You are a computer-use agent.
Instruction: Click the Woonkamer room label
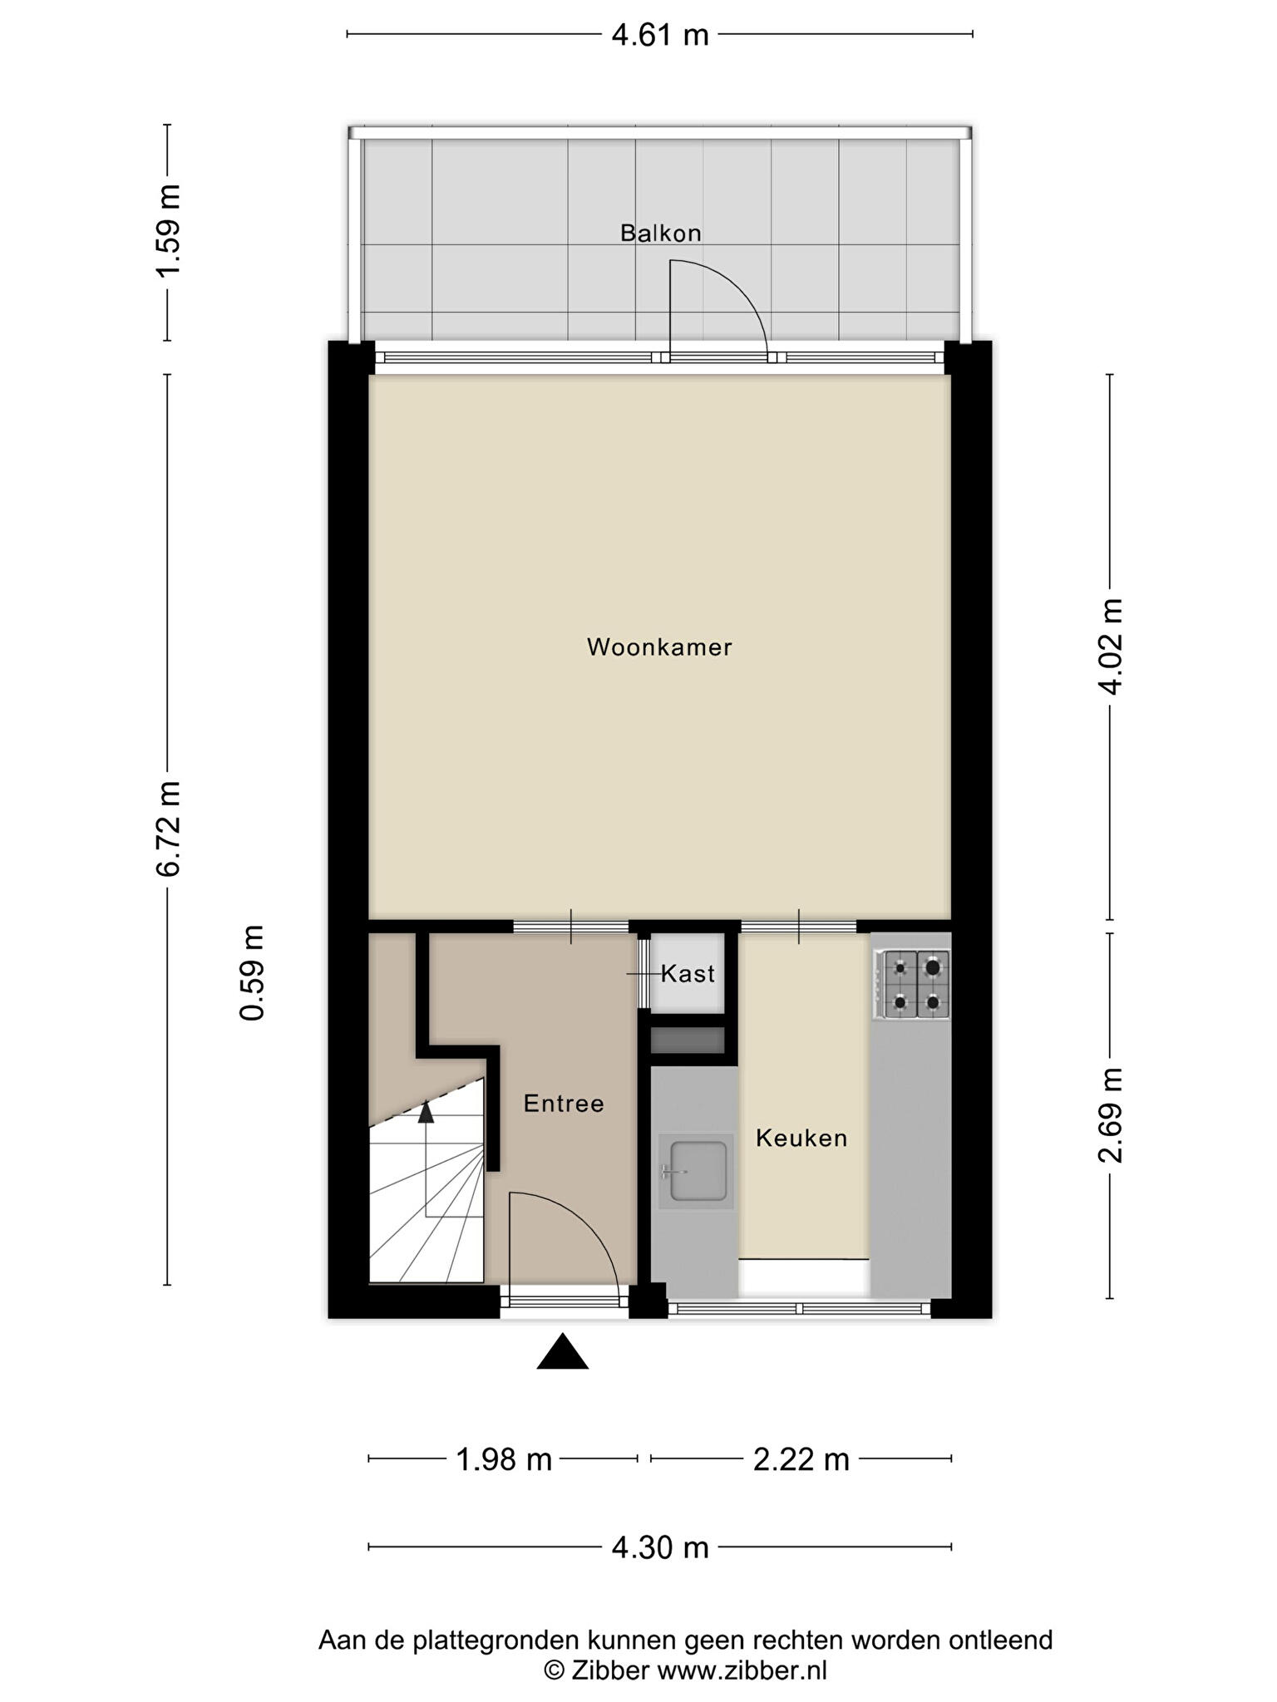click(x=659, y=647)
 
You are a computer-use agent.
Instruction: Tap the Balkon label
click(x=661, y=233)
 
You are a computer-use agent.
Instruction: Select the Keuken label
click(x=801, y=1138)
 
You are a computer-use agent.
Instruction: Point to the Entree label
click(x=564, y=1104)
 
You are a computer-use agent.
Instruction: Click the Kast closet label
click(x=688, y=973)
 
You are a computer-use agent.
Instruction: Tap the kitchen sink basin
click(x=698, y=1171)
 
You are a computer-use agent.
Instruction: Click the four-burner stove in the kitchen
click(x=912, y=985)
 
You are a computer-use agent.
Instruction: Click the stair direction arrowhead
click(x=426, y=1111)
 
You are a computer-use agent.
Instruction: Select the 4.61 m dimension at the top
click(x=660, y=35)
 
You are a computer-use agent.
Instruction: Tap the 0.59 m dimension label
click(x=252, y=973)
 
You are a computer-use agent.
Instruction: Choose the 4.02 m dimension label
click(x=1111, y=646)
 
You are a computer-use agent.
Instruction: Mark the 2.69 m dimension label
click(x=1111, y=1115)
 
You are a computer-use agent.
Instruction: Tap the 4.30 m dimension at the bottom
click(x=660, y=1547)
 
